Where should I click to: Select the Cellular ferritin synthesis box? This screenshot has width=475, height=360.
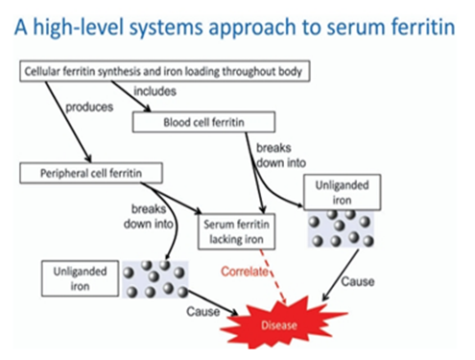point(165,71)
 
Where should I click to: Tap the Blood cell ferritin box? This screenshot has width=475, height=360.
point(203,122)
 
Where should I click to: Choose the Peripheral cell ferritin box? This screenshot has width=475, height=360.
point(91,173)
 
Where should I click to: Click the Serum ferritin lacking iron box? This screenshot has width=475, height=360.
point(236,231)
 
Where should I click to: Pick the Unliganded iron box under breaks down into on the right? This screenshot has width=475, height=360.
point(342,192)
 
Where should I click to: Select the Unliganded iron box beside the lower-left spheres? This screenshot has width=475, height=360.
point(80,278)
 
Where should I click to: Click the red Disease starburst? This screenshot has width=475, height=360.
point(281,324)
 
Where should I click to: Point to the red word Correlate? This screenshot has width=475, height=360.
point(245,272)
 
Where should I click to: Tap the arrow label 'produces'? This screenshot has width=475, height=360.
point(89,108)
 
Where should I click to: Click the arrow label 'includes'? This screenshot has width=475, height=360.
point(154,91)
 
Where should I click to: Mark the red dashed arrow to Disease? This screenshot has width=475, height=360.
point(273,276)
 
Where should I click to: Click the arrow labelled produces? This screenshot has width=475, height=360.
point(68,122)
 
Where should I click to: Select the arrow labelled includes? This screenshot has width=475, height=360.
point(131,96)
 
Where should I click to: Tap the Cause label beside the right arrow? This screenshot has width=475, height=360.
point(358,281)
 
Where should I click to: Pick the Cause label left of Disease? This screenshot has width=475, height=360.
point(203,311)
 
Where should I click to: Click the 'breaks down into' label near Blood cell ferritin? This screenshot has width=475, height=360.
point(281,156)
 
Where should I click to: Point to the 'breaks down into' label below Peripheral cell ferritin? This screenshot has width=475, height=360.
point(149,216)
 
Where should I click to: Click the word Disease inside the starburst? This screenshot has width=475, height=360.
point(279,325)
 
